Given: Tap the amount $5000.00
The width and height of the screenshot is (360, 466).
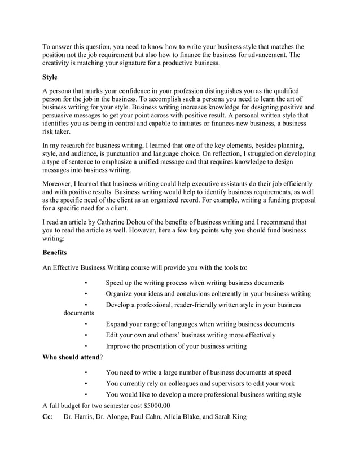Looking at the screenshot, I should pos(157,405).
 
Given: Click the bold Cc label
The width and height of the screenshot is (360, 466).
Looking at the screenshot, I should pos(47,417).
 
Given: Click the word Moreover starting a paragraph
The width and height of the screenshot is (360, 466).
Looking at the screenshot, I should pos(59,184).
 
